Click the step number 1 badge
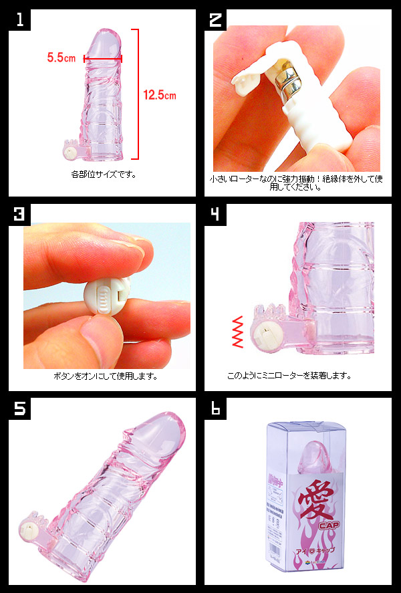[21, 21]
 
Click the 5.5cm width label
[61, 58]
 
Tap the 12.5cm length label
[160, 95]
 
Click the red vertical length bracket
[137, 94]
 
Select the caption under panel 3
[105, 376]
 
